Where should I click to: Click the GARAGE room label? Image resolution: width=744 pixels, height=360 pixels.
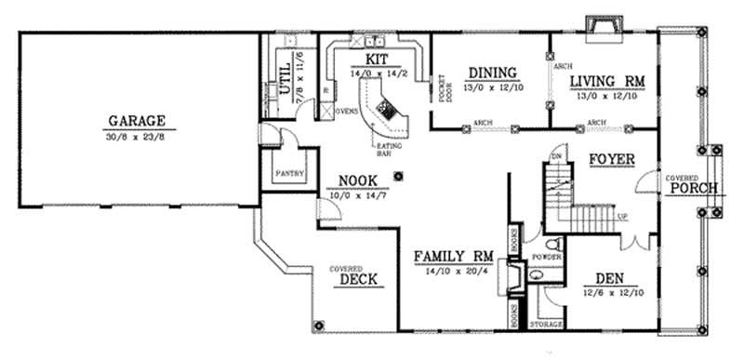coord(136,121)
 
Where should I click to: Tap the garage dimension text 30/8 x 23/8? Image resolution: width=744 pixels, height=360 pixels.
coord(136,136)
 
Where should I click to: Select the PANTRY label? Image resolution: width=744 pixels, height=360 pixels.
coord(286,174)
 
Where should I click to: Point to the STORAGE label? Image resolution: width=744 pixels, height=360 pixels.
coord(546,326)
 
